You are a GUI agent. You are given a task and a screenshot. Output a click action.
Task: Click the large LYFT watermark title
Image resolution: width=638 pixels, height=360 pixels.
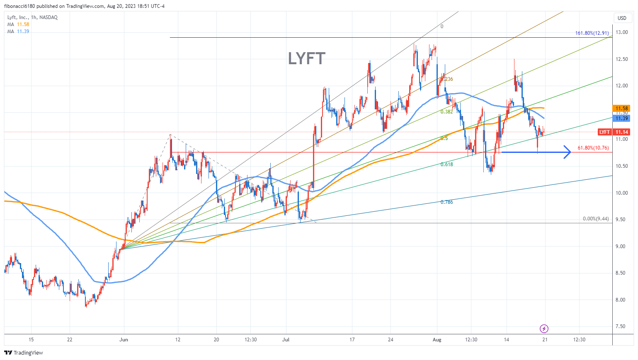click(x=307, y=58)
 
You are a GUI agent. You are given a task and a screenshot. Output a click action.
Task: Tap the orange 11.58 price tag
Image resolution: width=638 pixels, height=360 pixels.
click(x=621, y=109)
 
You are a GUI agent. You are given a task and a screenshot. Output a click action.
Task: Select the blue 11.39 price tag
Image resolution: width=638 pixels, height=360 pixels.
click(x=621, y=118)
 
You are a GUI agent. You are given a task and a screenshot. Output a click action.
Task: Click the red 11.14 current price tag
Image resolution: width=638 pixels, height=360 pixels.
click(x=622, y=132)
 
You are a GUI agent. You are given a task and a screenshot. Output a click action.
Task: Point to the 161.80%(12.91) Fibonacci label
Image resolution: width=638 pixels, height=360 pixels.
click(x=592, y=33)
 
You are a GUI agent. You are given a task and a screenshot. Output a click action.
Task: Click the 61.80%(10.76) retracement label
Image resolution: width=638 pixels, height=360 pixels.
click(x=593, y=148)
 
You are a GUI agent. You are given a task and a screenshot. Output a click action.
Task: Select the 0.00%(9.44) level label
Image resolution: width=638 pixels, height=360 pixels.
click(x=596, y=219)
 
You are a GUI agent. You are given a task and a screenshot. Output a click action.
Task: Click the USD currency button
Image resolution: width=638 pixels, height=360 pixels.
click(x=622, y=18)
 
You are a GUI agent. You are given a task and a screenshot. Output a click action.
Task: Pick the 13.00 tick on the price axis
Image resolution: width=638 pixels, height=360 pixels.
click(x=621, y=32)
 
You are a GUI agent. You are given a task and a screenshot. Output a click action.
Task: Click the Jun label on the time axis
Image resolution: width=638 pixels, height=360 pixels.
click(x=124, y=340)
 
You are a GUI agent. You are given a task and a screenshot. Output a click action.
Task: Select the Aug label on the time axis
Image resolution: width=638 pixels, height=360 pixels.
click(x=437, y=340)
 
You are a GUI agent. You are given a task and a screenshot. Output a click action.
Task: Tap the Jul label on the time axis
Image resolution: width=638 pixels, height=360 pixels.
click(x=286, y=340)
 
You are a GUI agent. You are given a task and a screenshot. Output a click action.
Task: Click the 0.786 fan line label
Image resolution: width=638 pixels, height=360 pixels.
click(x=446, y=202)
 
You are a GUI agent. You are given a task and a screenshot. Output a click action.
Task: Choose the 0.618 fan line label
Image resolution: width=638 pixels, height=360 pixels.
click(x=446, y=164)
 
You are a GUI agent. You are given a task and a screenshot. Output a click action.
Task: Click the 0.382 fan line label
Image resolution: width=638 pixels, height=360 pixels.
click(x=446, y=112)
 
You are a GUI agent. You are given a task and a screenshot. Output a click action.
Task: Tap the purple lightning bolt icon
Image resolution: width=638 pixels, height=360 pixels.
click(x=544, y=329)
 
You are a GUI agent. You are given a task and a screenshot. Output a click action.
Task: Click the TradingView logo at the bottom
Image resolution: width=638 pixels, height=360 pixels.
click(x=24, y=353)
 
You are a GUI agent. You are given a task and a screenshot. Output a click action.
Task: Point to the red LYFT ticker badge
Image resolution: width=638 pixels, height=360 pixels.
click(x=604, y=132)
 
